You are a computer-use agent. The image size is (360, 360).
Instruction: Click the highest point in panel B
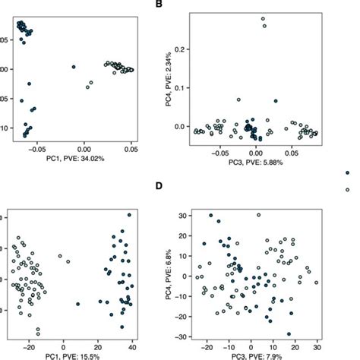264,18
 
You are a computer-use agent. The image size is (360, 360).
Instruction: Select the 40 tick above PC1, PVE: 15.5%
131,344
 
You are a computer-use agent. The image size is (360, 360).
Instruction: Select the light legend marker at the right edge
348,188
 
